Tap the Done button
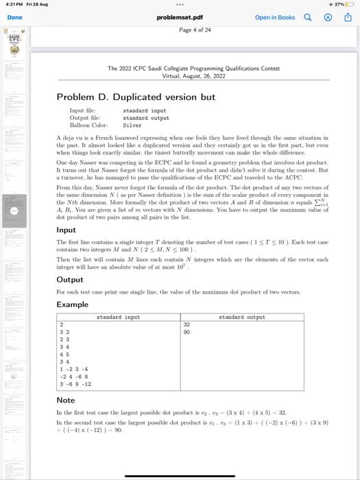tap(14, 17)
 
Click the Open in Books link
tap(274, 17)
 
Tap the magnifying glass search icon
tap(307, 17)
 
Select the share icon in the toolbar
tap(348, 17)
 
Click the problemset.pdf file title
tap(180, 17)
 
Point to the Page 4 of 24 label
tap(195, 30)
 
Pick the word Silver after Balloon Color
tap(132, 125)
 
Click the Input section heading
tap(66, 230)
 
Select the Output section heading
tap(69, 280)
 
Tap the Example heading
tap(72, 304)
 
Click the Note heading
tap(65, 400)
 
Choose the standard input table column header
tap(118, 317)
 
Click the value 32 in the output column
tap(187, 325)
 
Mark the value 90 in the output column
tap(187, 332)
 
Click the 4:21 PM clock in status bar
tap(12, 4)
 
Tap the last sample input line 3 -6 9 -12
tap(75, 384)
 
